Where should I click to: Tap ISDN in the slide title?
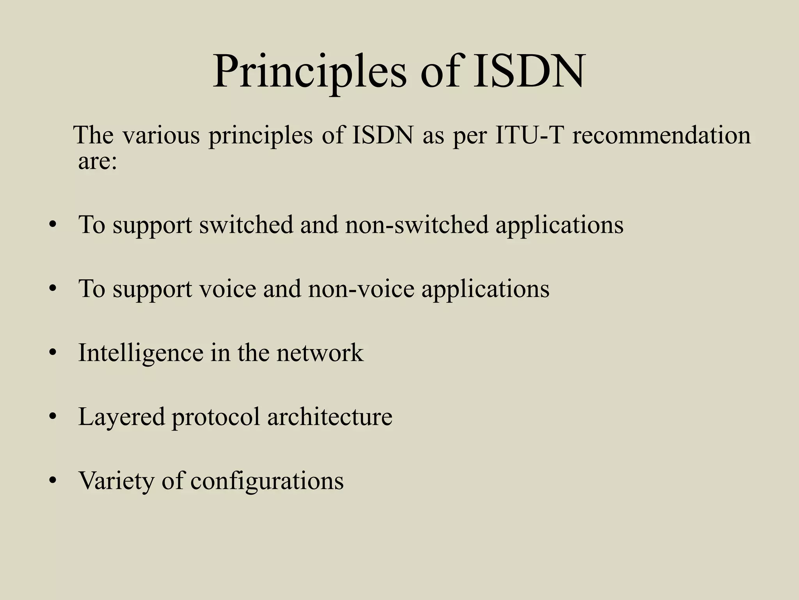pos(529,72)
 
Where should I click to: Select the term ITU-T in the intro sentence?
pos(529,135)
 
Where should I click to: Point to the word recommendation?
pos(661,135)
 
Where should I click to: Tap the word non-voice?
pos(361,289)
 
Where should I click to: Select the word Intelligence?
pos(141,353)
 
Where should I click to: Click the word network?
pos(320,353)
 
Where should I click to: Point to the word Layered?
pos(121,417)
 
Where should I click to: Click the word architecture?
pos(330,417)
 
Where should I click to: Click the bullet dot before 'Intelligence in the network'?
pos(53,354)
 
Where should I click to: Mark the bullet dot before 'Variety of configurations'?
pos(53,481)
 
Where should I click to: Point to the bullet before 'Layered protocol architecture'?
pos(53,417)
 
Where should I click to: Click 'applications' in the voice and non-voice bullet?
pos(485,289)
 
